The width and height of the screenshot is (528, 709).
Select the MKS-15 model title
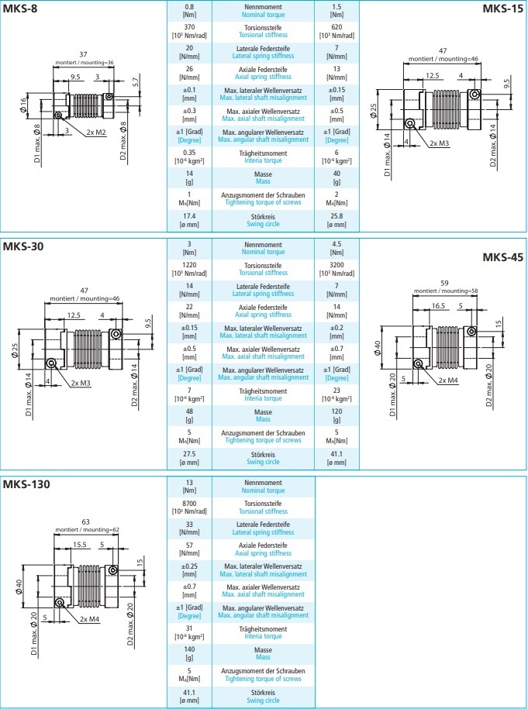502,9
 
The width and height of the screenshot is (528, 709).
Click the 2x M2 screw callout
95,132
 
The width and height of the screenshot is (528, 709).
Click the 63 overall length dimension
85,521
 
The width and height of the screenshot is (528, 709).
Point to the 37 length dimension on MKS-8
84,53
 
